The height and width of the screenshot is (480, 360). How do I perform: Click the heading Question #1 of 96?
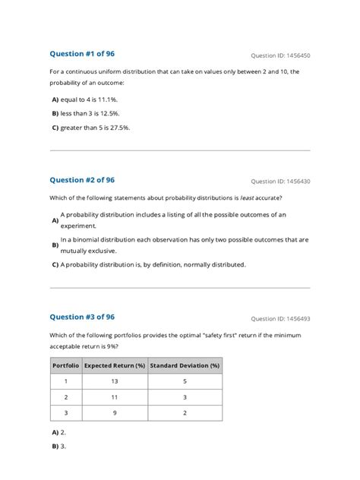pos(82,54)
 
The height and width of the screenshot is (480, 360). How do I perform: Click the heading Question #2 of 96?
pos(82,180)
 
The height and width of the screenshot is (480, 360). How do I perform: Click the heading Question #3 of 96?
pos(82,317)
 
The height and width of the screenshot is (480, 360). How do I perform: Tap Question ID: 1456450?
pos(280,55)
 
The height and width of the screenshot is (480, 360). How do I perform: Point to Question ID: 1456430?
pos(280,182)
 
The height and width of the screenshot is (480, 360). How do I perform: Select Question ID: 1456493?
pos(280,318)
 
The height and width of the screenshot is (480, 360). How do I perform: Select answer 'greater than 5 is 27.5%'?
pos(95,128)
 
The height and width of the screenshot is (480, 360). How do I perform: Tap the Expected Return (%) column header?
pos(114,365)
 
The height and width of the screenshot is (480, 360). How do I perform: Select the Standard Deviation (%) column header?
pos(185,365)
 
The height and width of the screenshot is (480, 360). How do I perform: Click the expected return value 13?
pos(114,381)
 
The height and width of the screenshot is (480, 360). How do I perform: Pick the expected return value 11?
pos(114,397)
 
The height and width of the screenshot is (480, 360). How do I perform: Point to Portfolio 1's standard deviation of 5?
pos(185,381)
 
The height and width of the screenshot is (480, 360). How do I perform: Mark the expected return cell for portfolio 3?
pos(114,413)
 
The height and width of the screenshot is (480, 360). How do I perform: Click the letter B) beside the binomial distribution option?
pos(55,245)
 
